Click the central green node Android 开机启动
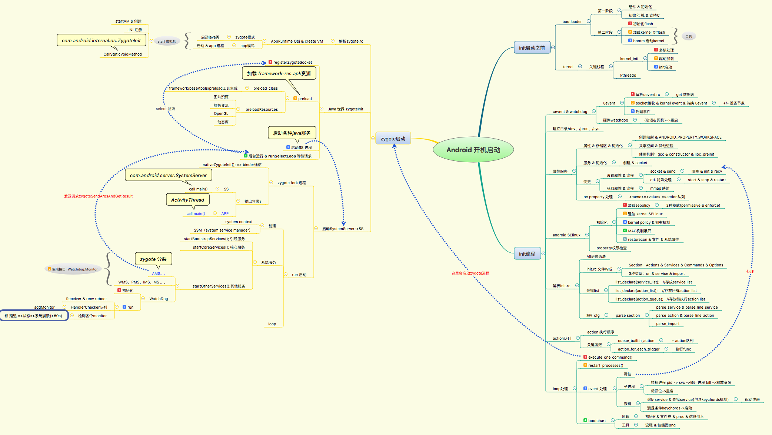(x=473, y=150)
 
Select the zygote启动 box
(x=393, y=139)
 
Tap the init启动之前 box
(x=532, y=48)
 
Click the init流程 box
(x=527, y=254)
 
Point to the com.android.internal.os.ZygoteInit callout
(x=101, y=40)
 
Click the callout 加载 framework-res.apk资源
(x=279, y=73)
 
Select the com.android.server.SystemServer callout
(x=168, y=175)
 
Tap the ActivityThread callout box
(x=187, y=200)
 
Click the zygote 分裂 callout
(x=153, y=259)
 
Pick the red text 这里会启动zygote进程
(x=470, y=273)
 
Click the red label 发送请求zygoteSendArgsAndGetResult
(x=98, y=196)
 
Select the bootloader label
(x=572, y=21)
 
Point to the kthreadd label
(x=628, y=75)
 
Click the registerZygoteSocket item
(x=292, y=62)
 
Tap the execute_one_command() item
(x=610, y=357)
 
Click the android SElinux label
(x=566, y=235)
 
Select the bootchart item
(x=597, y=421)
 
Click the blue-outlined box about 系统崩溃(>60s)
(x=34, y=316)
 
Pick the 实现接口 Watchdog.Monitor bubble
(x=74, y=269)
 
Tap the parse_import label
(x=668, y=323)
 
